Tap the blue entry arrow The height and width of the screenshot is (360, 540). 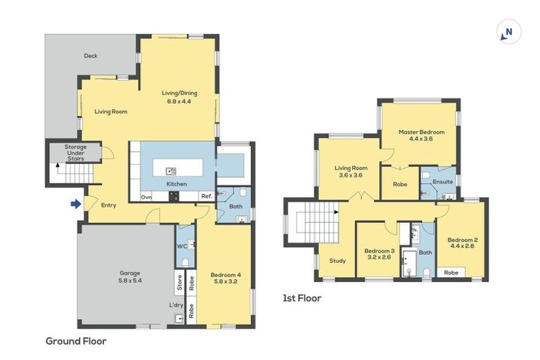(75, 205)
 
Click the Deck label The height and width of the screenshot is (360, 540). (90, 56)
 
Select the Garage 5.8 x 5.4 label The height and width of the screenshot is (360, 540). (129, 276)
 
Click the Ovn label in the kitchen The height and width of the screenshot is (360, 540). (146, 198)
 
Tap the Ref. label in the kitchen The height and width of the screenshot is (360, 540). (206, 198)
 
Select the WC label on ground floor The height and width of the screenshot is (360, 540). (181, 246)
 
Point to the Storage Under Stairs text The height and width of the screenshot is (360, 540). (75, 153)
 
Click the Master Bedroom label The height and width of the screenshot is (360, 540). (421, 136)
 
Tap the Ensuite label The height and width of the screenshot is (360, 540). (442, 181)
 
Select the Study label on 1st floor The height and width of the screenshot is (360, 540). (337, 261)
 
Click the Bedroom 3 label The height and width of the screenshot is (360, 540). (379, 254)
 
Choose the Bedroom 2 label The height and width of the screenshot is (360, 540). (462, 243)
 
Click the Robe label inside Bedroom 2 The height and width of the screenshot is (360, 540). (452, 272)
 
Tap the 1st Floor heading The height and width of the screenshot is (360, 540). (302, 298)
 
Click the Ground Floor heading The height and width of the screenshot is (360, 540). (76, 341)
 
